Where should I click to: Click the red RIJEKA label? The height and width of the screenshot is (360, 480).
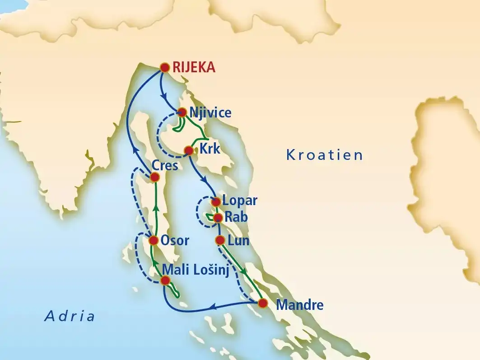(x=194, y=68)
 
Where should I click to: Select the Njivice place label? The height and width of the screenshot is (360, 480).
(x=211, y=113)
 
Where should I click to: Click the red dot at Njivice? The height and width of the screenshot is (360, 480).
(x=182, y=112)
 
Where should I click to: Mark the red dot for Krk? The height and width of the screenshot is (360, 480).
(x=189, y=150)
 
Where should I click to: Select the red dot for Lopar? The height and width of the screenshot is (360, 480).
(x=216, y=201)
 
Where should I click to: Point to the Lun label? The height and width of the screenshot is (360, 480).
(x=238, y=241)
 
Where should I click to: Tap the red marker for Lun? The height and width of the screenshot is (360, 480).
(x=220, y=240)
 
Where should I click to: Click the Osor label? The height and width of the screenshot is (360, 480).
(x=175, y=241)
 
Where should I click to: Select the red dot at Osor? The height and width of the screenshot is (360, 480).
(x=154, y=240)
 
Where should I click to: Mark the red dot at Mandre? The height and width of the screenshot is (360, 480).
(x=263, y=304)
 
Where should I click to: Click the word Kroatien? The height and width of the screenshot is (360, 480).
(x=325, y=155)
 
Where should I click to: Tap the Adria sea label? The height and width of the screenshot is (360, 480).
(x=70, y=316)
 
